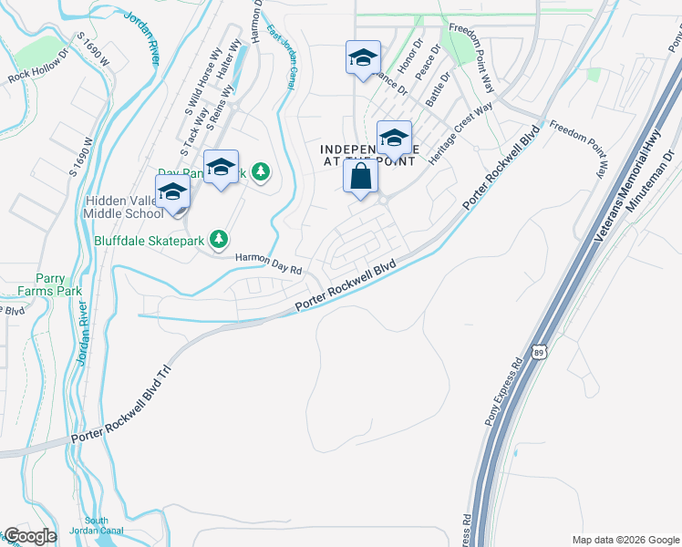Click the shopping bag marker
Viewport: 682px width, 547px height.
pyautogui.click(x=361, y=176)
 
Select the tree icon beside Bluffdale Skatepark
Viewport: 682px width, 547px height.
pyautogui.click(x=219, y=240)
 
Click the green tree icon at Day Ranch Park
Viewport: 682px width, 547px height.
pyautogui.click(x=262, y=171)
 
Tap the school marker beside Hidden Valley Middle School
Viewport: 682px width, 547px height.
pyautogui.click(x=171, y=193)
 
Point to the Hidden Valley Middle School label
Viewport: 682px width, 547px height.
pyautogui.click(x=125, y=209)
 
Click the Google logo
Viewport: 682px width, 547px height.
pyautogui.click(x=30, y=536)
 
